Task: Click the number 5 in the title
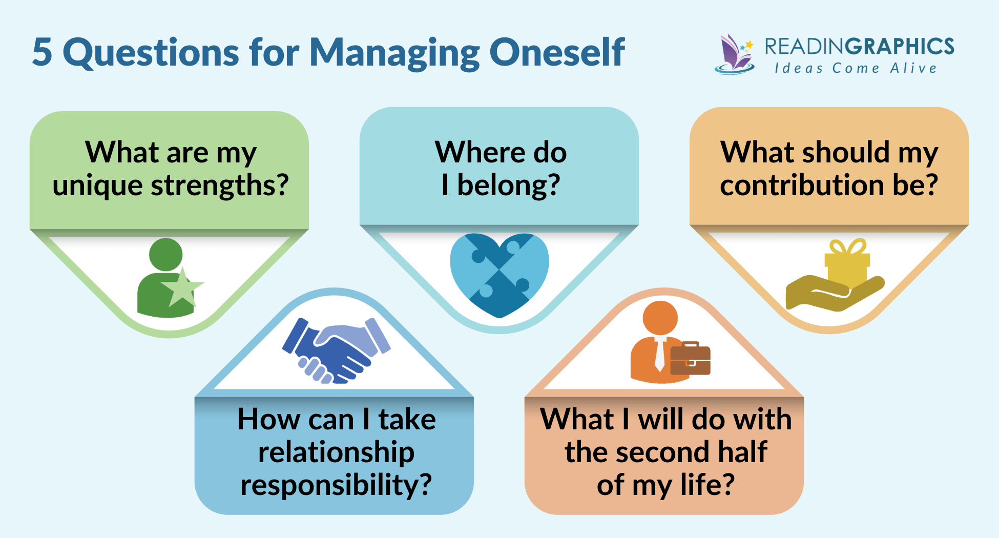click(x=42, y=52)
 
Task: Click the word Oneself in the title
click(x=557, y=52)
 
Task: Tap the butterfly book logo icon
click(x=735, y=54)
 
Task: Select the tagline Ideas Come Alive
click(x=856, y=68)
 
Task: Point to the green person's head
click(x=165, y=254)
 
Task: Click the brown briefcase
click(x=690, y=359)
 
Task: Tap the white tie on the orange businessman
click(x=660, y=354)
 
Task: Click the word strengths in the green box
click(x=220, y=185)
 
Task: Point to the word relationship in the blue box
click(x=336, y=452)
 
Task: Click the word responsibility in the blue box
click(x=336, y=485)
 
